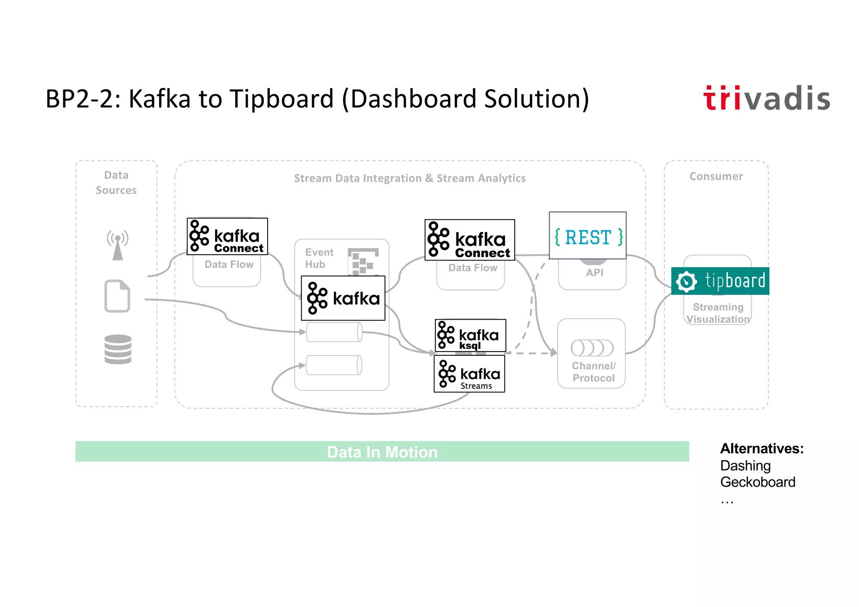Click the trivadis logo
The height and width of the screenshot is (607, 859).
click(766, 99)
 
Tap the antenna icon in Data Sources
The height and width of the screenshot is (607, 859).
click(117, 245)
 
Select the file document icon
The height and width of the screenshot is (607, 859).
click(117, 296)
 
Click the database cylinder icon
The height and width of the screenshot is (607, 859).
click(118, 349)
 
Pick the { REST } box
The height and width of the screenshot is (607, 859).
click(588, 235)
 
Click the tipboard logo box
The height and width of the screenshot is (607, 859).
click(720, 281)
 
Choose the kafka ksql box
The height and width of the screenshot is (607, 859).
click(470, 336)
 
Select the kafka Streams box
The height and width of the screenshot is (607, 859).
click(469, 374)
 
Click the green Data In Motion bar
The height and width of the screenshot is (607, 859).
click(382, 452)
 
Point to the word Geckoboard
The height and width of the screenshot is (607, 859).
click(757, 482)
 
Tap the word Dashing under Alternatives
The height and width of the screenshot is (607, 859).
click(745, 466)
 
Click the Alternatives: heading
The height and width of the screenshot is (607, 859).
click(762, 448)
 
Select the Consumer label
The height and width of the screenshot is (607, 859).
click(716, 176)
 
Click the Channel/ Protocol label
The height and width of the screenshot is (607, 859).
click(593, 372)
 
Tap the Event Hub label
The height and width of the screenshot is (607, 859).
click(319, 258)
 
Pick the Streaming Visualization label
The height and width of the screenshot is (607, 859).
click(718, 313)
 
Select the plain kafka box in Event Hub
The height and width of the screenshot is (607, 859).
click(343, 298)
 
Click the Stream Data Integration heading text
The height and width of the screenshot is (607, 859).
click(409, 178)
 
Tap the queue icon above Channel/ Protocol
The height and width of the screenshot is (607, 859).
click(592, 348)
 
